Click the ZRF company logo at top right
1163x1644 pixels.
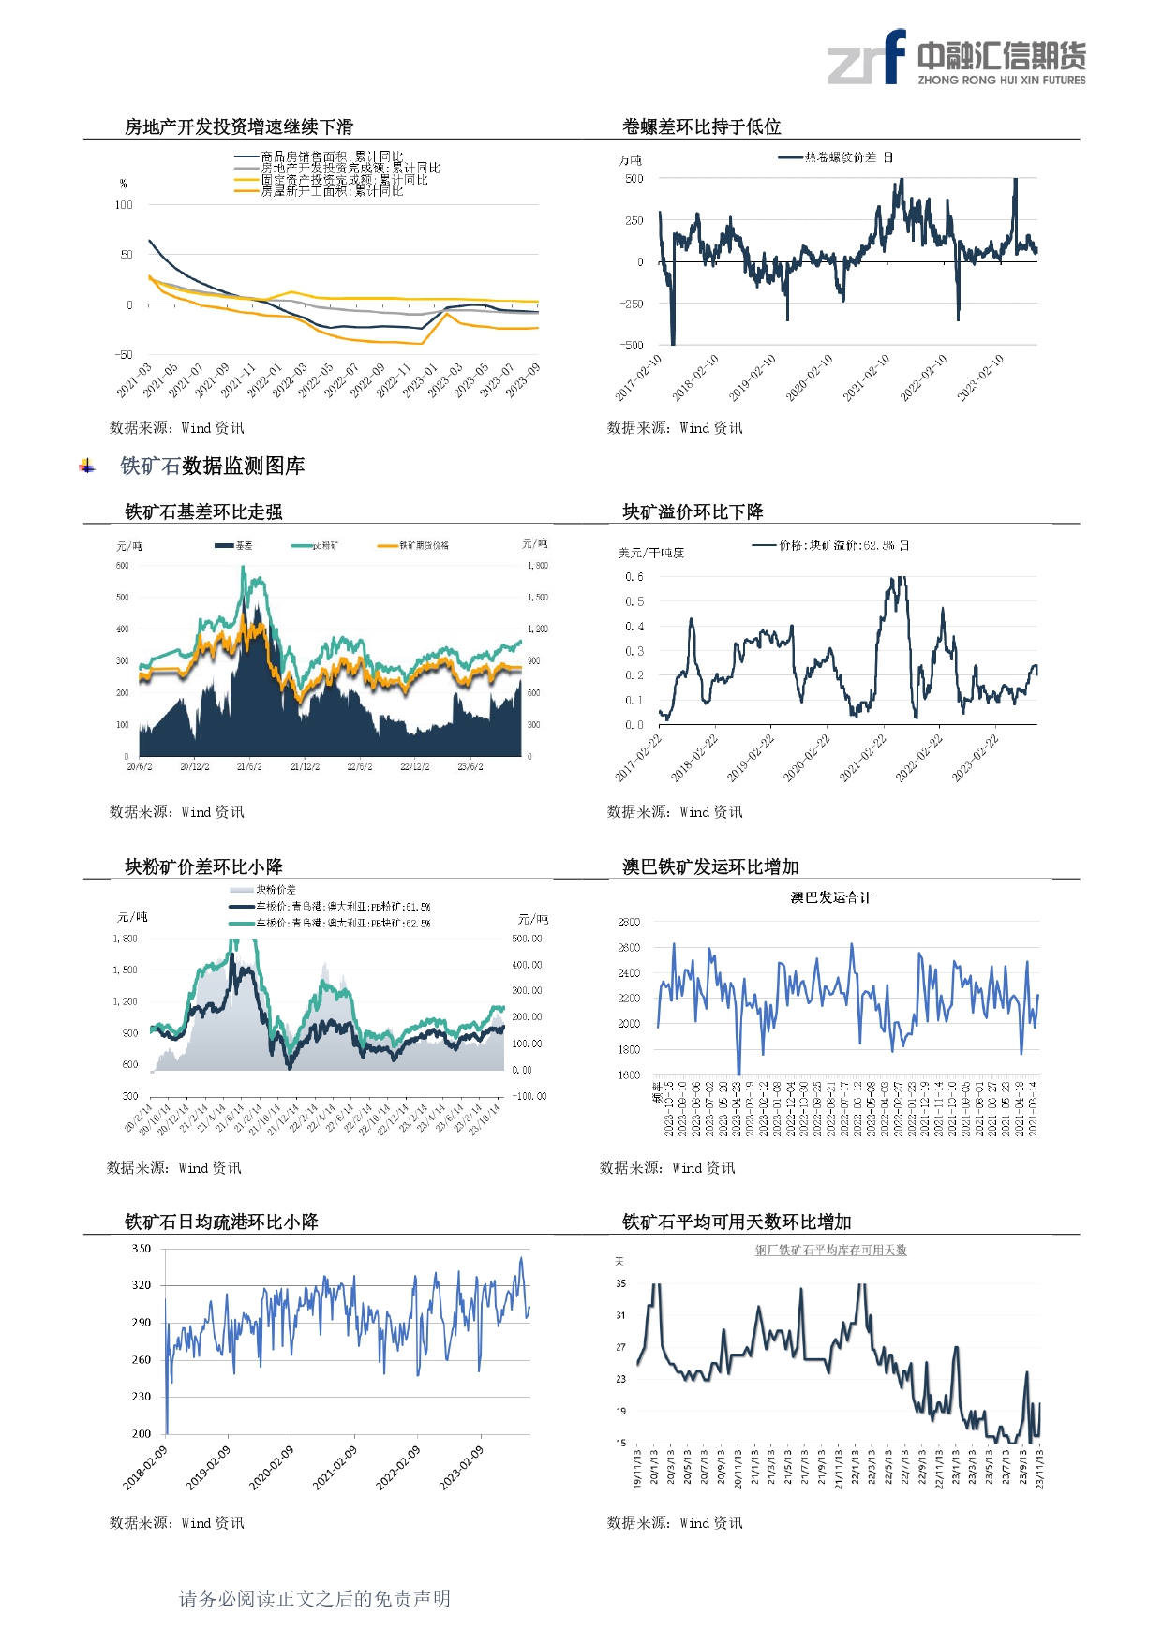coord(956,58)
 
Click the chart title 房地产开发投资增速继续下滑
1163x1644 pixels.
coord(239,126)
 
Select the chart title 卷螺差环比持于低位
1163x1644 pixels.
coord(702,126)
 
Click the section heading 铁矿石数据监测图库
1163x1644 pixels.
coord(212,466)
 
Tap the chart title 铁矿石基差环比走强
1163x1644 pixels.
coord(203,511)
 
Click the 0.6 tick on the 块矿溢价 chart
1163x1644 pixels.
coord(634,577)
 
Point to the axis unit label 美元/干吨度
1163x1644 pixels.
coord(651,553)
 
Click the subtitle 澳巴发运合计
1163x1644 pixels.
coord(830,897)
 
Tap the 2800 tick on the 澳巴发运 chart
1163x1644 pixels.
coord(629,922)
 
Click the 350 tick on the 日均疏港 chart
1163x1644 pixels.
coord(142,1248)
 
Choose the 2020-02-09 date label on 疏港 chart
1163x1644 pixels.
coord(272,1467)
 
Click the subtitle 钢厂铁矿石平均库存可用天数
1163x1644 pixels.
coord(831,1250)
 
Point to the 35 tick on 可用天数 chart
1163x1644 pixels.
coord(620,1283)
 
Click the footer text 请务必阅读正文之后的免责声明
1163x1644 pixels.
coord(315,1598)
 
